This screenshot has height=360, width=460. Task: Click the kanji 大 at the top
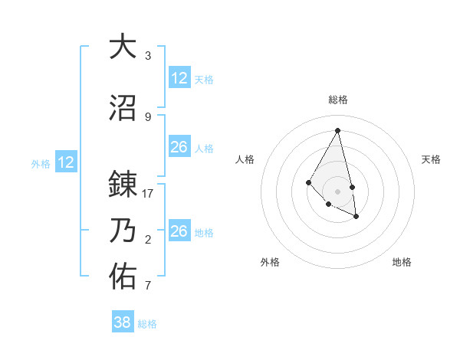pyautogui.click(x=123, y=47)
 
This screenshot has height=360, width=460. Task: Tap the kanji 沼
pyautogui.click(x=123, y=109)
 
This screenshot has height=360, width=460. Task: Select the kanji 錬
pyautogui.click(x=123, y=185)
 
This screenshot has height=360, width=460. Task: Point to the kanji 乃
pyautogui.click(x=123, y=231)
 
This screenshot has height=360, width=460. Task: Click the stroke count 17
pyautogui.click(x=148, y=194)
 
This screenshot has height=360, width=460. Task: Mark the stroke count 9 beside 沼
pyautogui.click(x=148, y=117)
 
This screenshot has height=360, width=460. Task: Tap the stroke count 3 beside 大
pyautogui.click(x=148, y=56)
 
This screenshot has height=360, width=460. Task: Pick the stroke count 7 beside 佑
pyautogui.click(x=148, y=286)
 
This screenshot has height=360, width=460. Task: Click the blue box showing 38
pyautogui.click(x=123, y=322)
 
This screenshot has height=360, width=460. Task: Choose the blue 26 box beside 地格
pyautogui.click(x=179, y=231)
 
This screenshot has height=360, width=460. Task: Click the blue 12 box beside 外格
pyautogui.click(x=66, y=162)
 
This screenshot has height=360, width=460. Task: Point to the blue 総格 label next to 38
pyautogui.click(x=147, y=324)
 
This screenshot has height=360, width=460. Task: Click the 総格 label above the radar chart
pyautogui.click(x=338, y=100)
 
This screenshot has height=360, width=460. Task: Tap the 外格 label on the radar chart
pyautogui.click(x=270, y=262)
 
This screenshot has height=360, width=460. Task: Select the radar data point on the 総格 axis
pyautogui.click(x=338, y=130)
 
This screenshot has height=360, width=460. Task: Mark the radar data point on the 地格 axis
pyautogui.click(x=356, y=217)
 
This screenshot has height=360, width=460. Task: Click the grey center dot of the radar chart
pyautogui.click(x=338, y=191)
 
